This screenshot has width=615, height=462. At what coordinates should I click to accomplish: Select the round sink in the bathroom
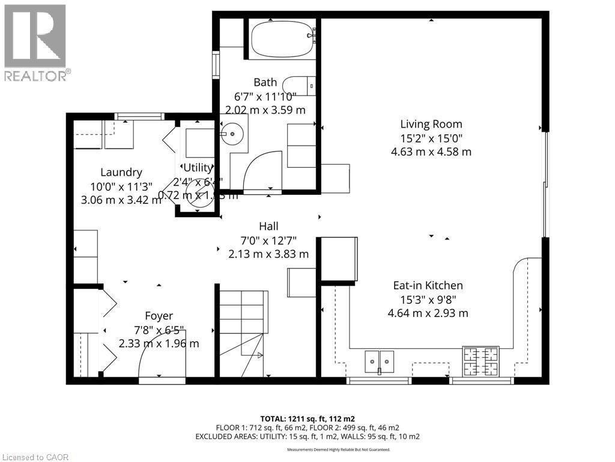[x=231, y=134]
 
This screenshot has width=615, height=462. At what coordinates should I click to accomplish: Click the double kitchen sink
[x=380, y=360]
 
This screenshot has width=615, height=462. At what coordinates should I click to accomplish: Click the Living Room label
[x=431, y=125]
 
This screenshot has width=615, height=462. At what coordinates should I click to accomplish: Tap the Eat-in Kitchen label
[x=428, y=286]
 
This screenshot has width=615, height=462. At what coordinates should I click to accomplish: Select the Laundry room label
[x=121, y=173]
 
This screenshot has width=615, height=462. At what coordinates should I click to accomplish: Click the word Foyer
[x=159, y=316]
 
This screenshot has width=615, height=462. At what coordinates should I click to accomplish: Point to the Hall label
[x=268, y=226]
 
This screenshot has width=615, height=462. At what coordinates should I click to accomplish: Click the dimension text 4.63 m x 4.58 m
[x=431, y=152]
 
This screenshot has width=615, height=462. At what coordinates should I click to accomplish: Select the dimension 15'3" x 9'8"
[x=428, y=300]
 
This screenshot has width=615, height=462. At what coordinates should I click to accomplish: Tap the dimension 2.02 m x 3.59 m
[x=265, y=110]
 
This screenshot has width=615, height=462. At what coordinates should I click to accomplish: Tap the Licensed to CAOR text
[x=36, y=457]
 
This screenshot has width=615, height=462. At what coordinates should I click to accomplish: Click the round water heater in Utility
[x=196, y=193]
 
